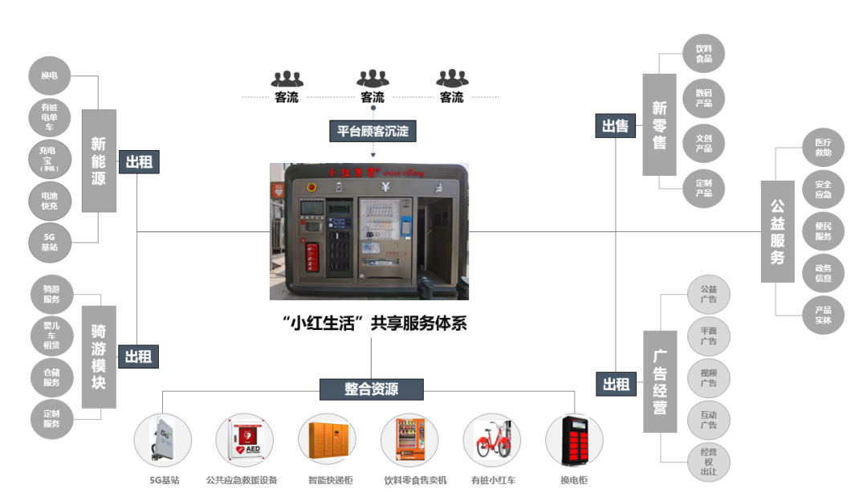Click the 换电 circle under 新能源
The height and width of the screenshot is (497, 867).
click(x=49, y=77)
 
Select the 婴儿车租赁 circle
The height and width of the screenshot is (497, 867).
click(x=51, y=337)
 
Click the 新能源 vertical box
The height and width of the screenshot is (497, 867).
click(x=98, y=161)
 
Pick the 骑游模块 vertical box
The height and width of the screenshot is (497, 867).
click(x=99, y=356)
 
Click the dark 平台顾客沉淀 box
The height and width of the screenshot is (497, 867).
click(x=372, y=131)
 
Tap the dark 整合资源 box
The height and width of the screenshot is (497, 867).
click(x=372, y=389)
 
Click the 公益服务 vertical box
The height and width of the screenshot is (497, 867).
click(x=777, y=231)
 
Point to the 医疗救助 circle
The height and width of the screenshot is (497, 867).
click(x=823, y=148)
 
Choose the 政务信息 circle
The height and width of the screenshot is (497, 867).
click(x=823, y=273)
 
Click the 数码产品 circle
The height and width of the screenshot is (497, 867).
click(x=703, y=98)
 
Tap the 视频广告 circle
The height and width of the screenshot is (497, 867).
click(x=708, y=377)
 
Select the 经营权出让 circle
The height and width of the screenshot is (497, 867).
click(x=708, y=462)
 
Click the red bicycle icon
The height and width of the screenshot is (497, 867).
click(x=494, y=440)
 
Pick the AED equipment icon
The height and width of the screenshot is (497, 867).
click(x=245, y=440)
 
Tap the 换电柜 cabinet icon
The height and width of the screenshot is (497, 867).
click(x=574, y=440)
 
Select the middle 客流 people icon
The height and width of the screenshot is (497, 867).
click(x=372, y=79)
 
